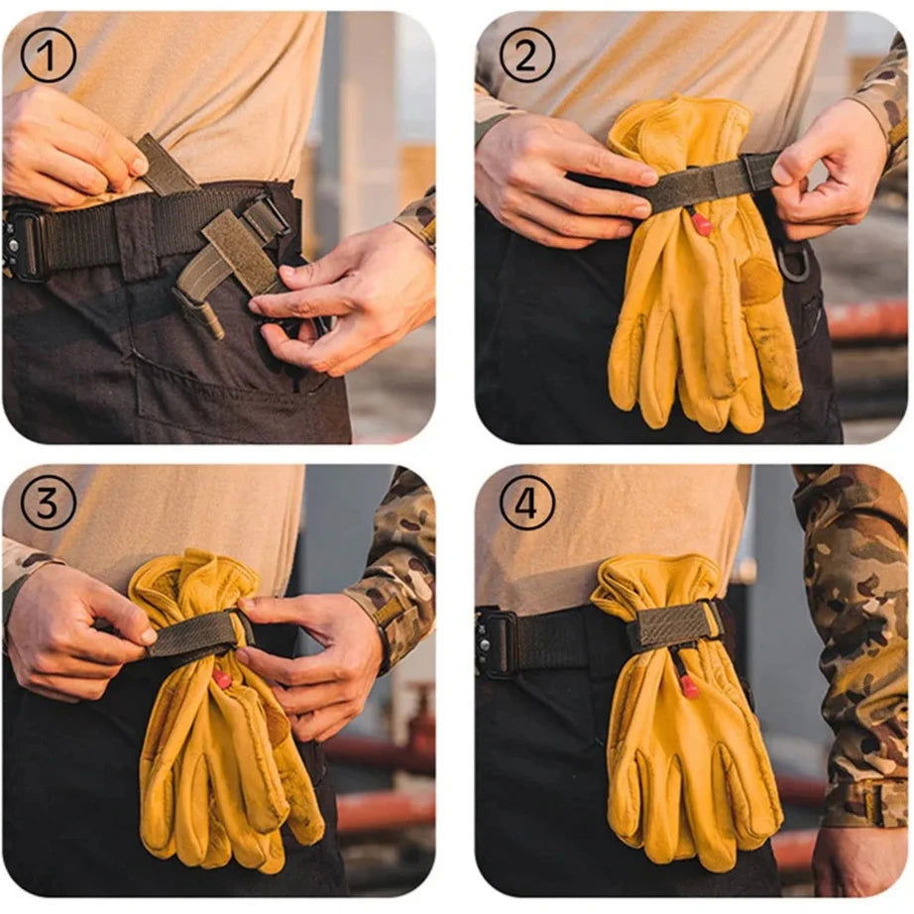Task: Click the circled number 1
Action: pos(49,55)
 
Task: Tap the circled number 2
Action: pos(527,55)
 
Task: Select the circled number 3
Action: pos(49,502)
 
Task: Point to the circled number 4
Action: pos(527,502)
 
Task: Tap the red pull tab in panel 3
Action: pos(221,678)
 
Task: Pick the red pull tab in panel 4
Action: pos(689,686)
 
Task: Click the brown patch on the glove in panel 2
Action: pos(761,280)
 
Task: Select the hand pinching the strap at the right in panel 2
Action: pos(828,170)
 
